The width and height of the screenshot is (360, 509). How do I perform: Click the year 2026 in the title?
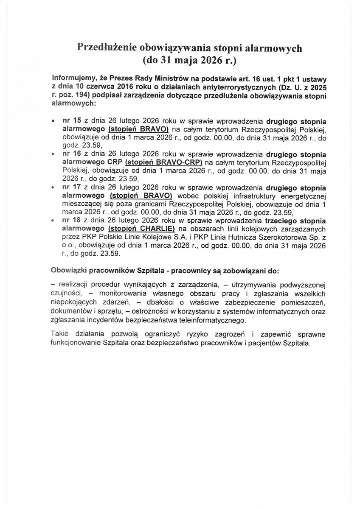click(212, 60)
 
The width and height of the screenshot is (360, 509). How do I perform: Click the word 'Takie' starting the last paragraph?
click(59, 335)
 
